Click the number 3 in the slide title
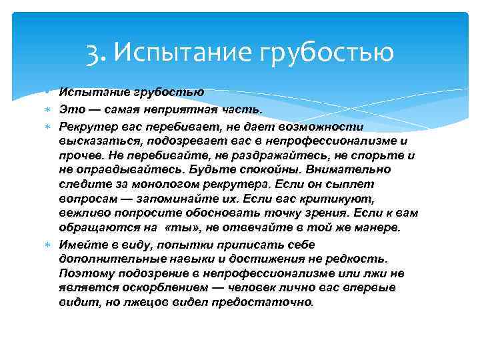pyautogui.click(x=93, y=53)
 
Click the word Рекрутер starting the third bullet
pyautogui.click(x=87, y=126)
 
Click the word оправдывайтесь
pyautogui.click(x=124, y=169)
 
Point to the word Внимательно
pyautogui.click(x=340, y=169)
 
